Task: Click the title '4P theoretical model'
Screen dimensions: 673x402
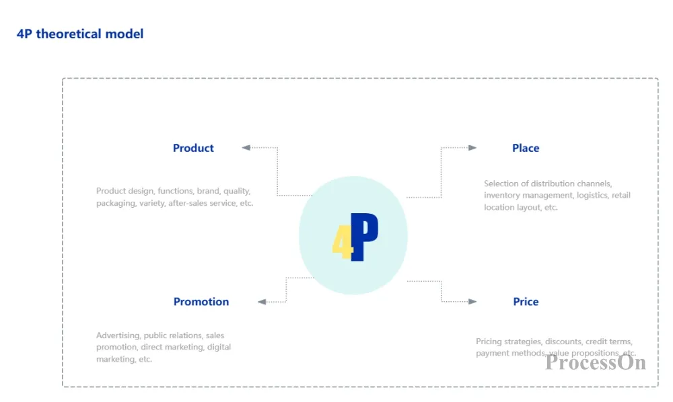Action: point(80,34)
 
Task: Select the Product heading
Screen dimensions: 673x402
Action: point(193,148)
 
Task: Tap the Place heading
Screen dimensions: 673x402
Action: point(526,148)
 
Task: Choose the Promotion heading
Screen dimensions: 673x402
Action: point(201,302)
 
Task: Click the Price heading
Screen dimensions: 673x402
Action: point(526,302)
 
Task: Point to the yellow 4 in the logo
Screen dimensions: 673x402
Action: point(342,242)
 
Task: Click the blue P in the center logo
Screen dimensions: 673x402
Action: point(364,237)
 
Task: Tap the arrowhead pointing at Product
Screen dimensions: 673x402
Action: point(246,147)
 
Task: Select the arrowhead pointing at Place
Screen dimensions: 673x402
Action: point(472,147)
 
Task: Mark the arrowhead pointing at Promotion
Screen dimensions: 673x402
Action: point(262,302)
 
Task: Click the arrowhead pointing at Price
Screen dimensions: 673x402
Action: point(472,301)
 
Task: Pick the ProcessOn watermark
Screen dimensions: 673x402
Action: point(596,362)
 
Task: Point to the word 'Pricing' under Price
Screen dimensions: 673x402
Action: point(489,341)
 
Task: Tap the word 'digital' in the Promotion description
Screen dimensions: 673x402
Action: point(219,347)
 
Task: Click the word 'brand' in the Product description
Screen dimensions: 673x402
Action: point(208,191)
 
